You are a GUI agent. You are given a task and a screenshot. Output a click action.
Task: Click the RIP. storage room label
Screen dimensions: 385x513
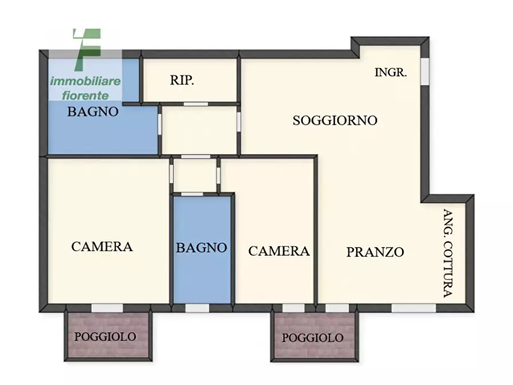[x=182, y=80]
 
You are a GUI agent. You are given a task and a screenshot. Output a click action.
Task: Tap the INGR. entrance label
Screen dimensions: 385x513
[x=391, y=72]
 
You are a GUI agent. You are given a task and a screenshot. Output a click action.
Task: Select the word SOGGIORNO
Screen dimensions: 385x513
[x=335, y=121]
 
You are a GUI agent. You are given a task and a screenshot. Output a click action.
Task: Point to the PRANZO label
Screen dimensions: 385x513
[x=375, y=252]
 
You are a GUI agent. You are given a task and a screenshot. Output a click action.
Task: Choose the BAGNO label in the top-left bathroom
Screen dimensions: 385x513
[x=93, y=111]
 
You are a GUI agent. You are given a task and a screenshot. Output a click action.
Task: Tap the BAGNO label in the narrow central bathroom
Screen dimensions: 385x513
[x=201, y=248]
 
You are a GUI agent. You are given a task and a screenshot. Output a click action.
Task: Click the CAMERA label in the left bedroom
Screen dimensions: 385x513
[x=102, y=247]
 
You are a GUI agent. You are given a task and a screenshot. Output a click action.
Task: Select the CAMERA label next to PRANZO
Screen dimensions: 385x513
[x=279, y=251]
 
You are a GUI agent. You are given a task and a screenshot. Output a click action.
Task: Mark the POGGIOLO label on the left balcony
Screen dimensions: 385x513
[x=105, y=337]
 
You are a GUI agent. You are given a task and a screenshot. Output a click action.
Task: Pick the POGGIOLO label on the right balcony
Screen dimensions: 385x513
[x=313, y=338]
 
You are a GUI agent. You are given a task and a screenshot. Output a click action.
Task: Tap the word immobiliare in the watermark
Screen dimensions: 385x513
[x=85, y=81]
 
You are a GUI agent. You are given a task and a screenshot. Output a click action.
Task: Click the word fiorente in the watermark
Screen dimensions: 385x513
[x=85, y=95]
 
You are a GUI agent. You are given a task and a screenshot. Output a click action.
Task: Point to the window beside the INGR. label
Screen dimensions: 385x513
[x=425, y=71]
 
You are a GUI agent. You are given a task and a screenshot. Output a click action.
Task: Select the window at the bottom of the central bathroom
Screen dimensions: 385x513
[x=197, y=308]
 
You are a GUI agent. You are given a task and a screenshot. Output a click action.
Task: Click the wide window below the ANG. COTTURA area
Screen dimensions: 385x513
[x=413, y=308]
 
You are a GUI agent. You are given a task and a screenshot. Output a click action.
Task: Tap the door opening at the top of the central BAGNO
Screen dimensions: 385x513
[x=196, y=194]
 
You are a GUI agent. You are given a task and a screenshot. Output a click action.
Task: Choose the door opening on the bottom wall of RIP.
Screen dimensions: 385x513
[x=195, y=104]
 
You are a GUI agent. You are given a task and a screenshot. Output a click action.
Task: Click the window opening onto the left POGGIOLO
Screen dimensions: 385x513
[x=107, y=308]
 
